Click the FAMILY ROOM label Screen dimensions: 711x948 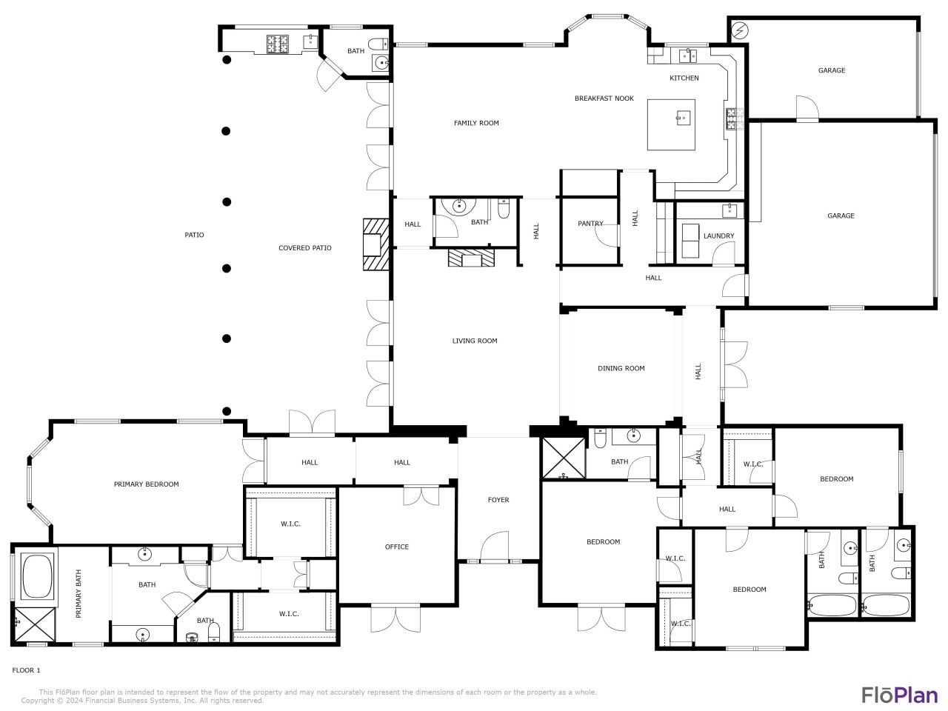pos(476,123)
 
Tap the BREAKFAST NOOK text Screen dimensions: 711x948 pos(604,99)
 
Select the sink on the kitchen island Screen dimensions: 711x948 pos(682,116)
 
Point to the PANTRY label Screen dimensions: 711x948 pos(590,224)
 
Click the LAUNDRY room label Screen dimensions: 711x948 pos(718,236)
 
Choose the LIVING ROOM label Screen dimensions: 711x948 pos(475,341)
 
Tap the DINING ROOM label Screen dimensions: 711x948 pos(621,368)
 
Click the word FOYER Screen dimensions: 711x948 pos(498,500)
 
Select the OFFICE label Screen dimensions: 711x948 pos(396,547)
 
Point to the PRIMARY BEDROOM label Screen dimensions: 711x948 pos(146,484)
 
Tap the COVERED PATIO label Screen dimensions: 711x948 pos(304,248)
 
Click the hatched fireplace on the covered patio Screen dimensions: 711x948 pos(375,245)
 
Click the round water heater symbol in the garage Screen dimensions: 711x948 pos(738,30)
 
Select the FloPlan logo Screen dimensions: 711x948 pos(899,695)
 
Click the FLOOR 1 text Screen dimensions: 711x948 pos(26,670)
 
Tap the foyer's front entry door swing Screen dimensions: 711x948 pos(494,547)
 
